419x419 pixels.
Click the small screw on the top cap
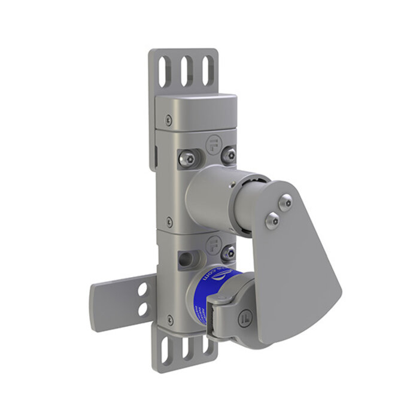168,120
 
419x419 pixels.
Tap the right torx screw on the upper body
228,156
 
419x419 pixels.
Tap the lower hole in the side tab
143,309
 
